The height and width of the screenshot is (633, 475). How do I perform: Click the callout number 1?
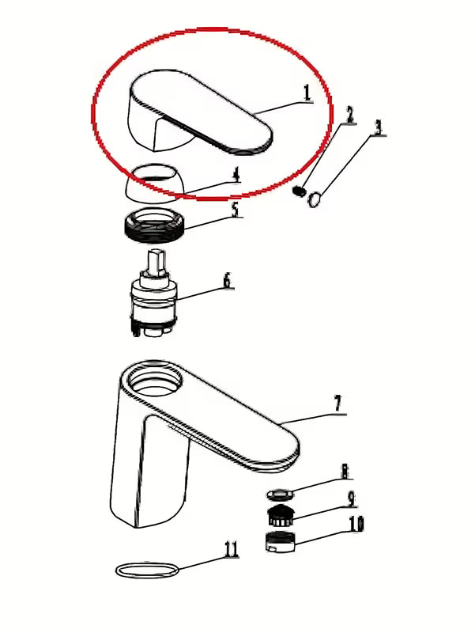tap(307, 93)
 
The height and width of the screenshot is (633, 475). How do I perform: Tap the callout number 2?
tap(350, 115)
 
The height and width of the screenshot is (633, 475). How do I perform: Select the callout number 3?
tap(378, 127)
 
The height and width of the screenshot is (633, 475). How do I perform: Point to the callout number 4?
tap(236, 175)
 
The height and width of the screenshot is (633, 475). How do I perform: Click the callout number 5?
tap(236, 209)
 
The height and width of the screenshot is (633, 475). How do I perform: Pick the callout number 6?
tap(228, 281)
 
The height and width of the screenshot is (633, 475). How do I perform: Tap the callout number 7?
tap(337, 404)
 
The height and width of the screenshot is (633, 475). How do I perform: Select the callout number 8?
tap(345, 472)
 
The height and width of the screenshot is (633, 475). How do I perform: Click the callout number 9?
tap(351, 499)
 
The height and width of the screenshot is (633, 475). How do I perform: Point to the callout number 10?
tap(356, 524)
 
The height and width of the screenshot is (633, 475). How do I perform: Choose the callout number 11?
tap(231, 549)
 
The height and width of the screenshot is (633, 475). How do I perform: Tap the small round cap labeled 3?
tap(315, 199)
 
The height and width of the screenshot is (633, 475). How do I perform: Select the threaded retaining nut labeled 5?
tap(153, 225)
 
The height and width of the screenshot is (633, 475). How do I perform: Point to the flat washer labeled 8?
tap(279, 493)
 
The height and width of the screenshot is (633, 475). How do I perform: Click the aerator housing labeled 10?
tap(281, 543)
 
